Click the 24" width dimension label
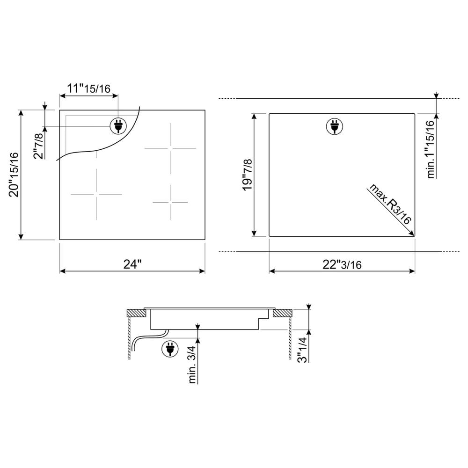point(132,264)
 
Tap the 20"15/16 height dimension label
point(14,175)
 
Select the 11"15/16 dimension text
point(88,88)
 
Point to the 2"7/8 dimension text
point(38,146)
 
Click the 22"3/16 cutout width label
point(342,264)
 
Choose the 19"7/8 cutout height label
point(248,175)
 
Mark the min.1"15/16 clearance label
point(431,149)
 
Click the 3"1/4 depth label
point(303,350)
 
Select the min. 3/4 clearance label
point(192,365)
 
